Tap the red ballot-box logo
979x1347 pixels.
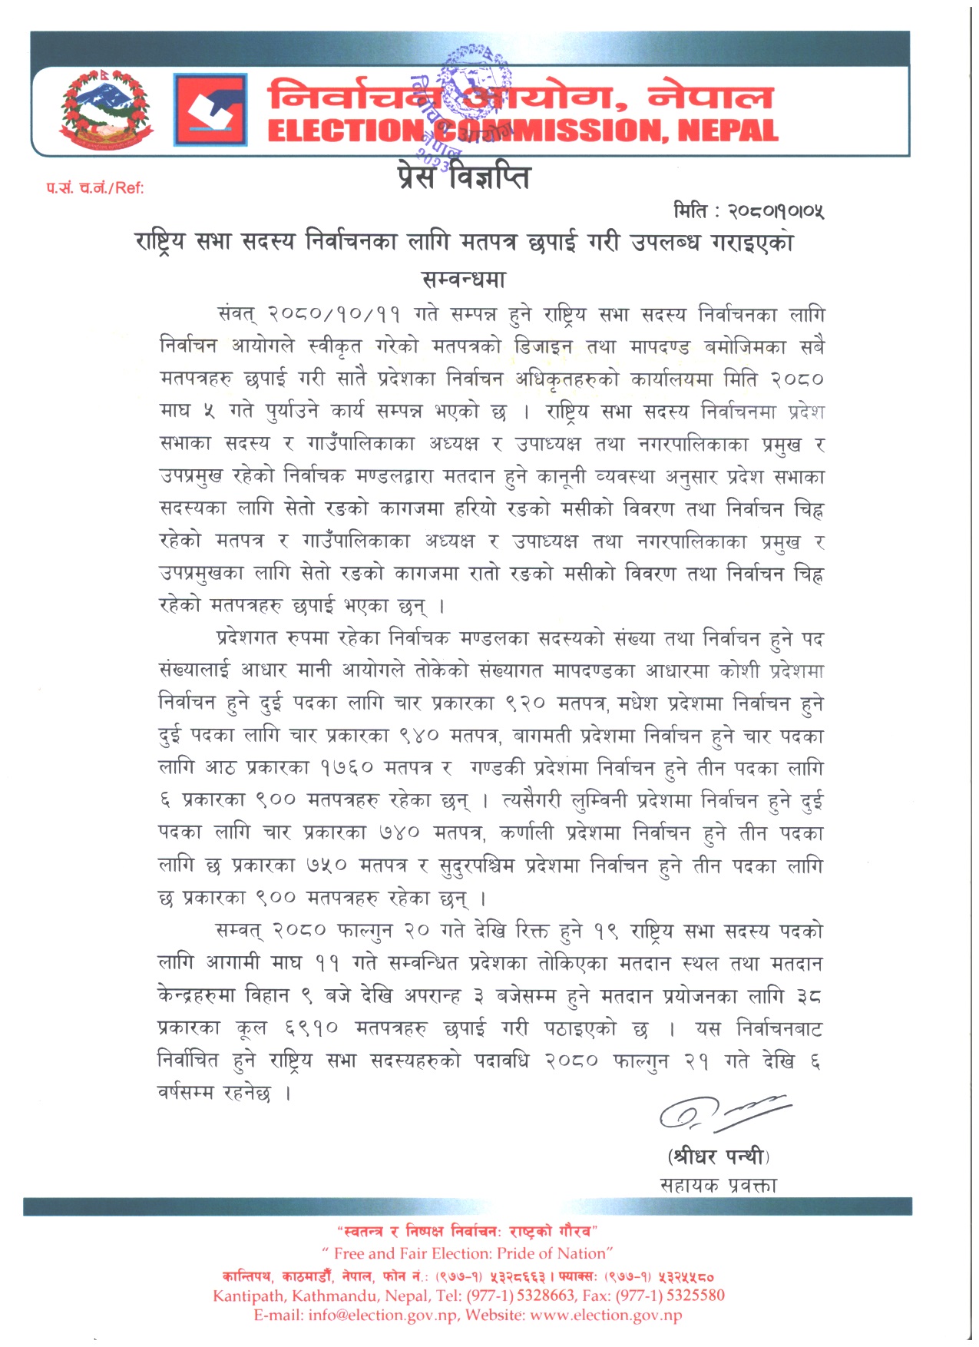click(210, 110)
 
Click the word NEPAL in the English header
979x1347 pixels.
click(728, 131)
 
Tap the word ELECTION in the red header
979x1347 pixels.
click(345, 131)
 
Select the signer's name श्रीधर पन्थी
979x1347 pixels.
click(718, 1156)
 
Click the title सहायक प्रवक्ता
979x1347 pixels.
click(718, 1185)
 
